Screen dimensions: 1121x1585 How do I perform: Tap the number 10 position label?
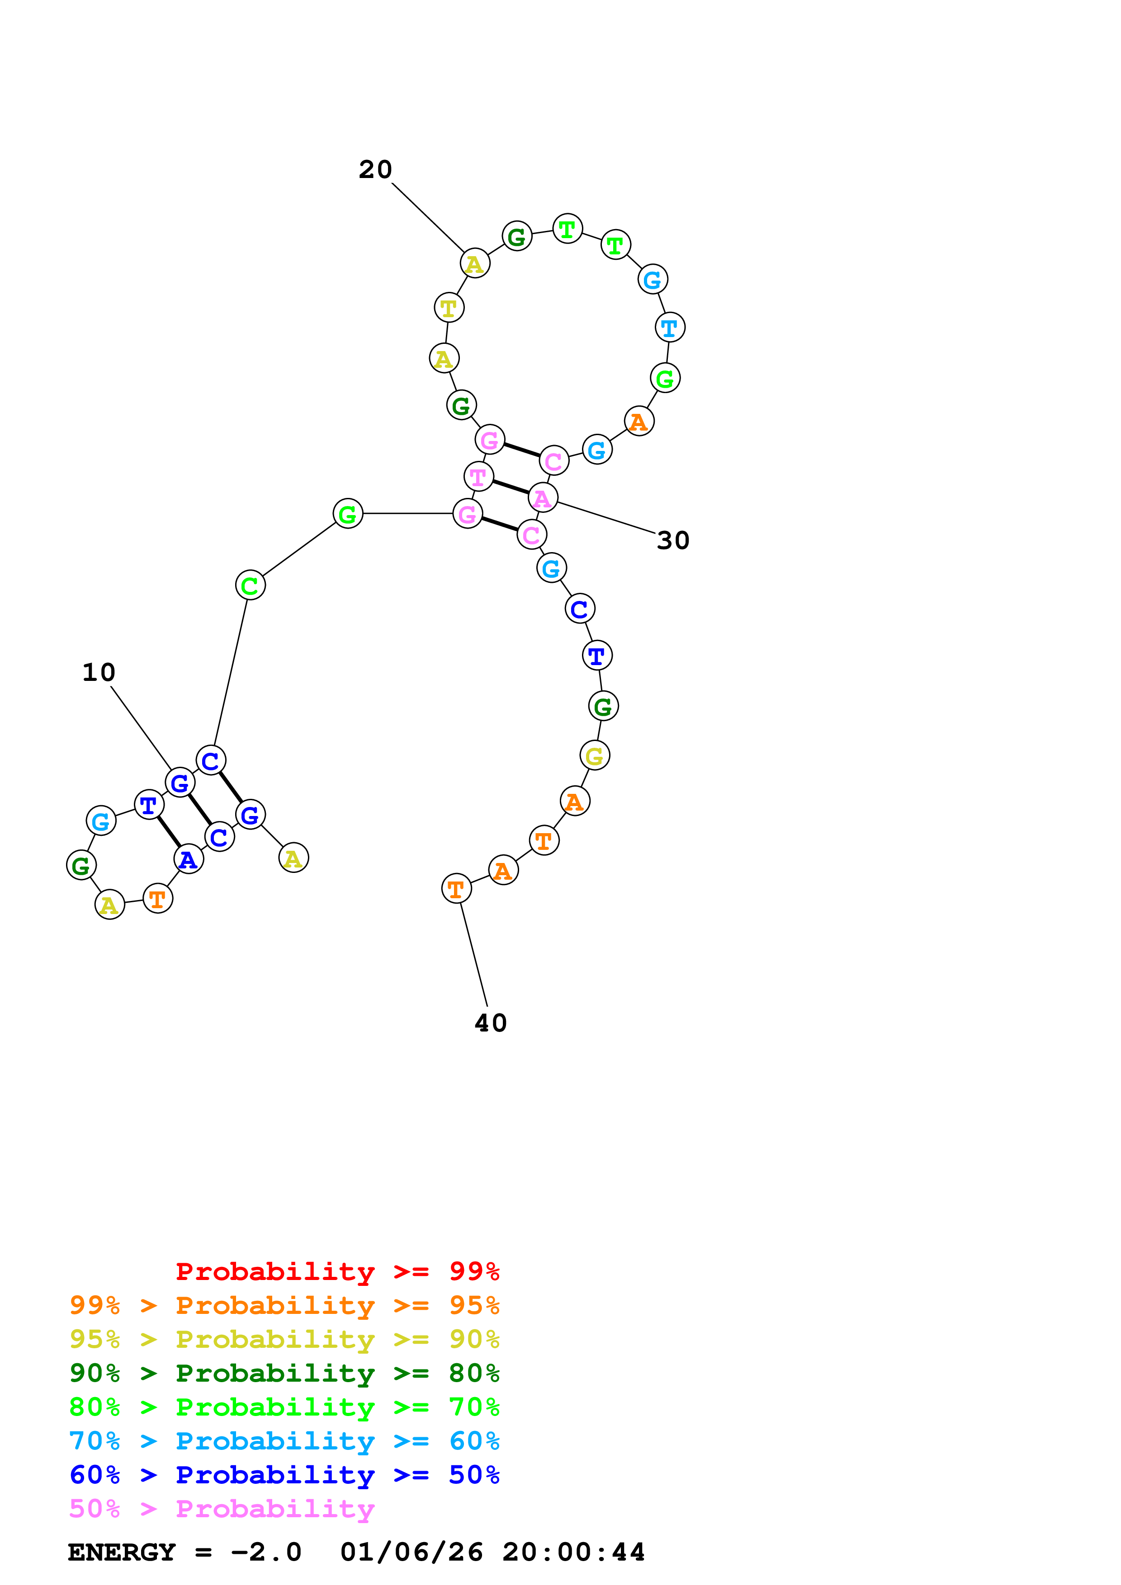[x=99, y=672]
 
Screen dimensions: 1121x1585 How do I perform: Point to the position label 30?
[x=673, y=540]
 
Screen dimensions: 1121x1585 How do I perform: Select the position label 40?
[x=490, y=1023]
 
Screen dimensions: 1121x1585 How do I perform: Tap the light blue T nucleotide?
[x=669, y=327]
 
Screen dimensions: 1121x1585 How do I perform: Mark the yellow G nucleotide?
[x=595, y=755]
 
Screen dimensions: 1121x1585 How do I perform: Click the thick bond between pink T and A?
[x=511, y=487]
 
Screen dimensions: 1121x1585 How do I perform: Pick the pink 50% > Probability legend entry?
[x=222, y=1508]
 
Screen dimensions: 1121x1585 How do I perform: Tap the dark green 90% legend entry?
[x=284, y=1372]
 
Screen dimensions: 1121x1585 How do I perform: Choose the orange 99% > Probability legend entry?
[x=284, y=1305]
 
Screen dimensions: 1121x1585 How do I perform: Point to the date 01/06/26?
[x=412, y=1552]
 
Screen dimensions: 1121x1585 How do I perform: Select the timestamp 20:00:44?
[x=573, y=1552]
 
